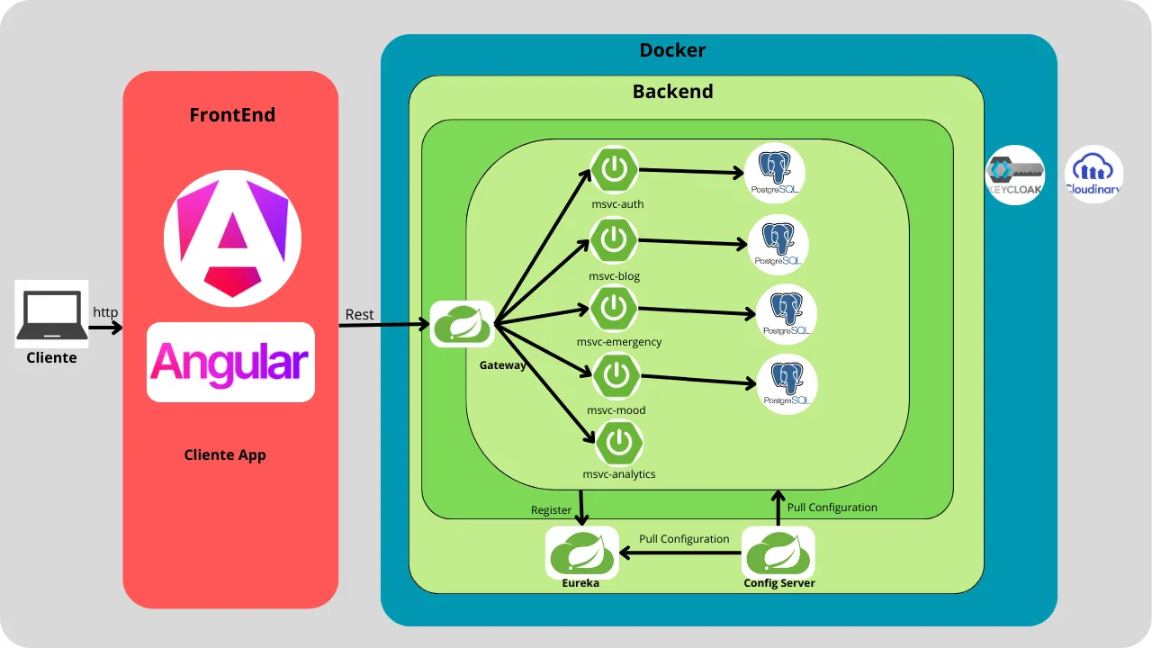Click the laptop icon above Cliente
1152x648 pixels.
[51, 312]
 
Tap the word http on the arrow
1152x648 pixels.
[105, 312]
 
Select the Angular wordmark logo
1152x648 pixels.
[230, 362]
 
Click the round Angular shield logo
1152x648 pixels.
[232, 238]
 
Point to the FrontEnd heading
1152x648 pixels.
[232, 115]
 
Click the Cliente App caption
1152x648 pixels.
[225, 454]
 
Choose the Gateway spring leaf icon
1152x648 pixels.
[462, 324]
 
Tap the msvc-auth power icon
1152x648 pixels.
[614, 169]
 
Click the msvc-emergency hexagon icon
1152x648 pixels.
[614, 308]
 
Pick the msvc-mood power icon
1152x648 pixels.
[616, 377]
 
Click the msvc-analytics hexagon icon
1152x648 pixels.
[618, 443]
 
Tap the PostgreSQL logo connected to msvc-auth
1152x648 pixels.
[774, 173]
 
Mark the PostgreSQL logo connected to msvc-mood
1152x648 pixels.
[787, 384]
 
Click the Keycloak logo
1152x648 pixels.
[1015, 175]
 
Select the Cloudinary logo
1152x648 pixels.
[1093, 174]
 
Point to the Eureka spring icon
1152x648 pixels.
[582, 552]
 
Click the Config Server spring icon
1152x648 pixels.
[778, 552]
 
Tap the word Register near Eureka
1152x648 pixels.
[551, 510]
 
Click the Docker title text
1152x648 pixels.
[672, 50]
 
